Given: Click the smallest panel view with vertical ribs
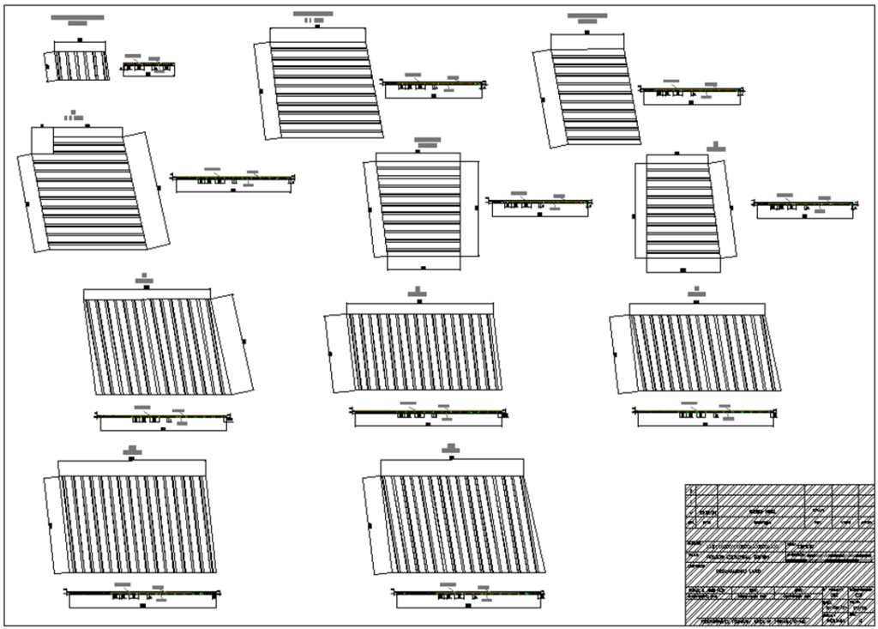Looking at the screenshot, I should [82, 66].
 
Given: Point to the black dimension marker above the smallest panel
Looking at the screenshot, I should [81, 39].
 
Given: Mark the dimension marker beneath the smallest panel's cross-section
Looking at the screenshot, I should [148, 75].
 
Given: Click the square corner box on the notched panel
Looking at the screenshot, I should [42, 139].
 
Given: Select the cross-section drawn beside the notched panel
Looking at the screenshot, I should [233, 181].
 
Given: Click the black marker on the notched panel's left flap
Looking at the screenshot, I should [28, 204].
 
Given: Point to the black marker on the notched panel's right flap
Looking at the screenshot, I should [159, 187].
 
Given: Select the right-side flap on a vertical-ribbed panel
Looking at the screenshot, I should [232, 343].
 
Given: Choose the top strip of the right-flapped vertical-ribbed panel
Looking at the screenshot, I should [147, 293].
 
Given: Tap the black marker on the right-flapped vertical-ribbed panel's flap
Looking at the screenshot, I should [244, 342].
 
